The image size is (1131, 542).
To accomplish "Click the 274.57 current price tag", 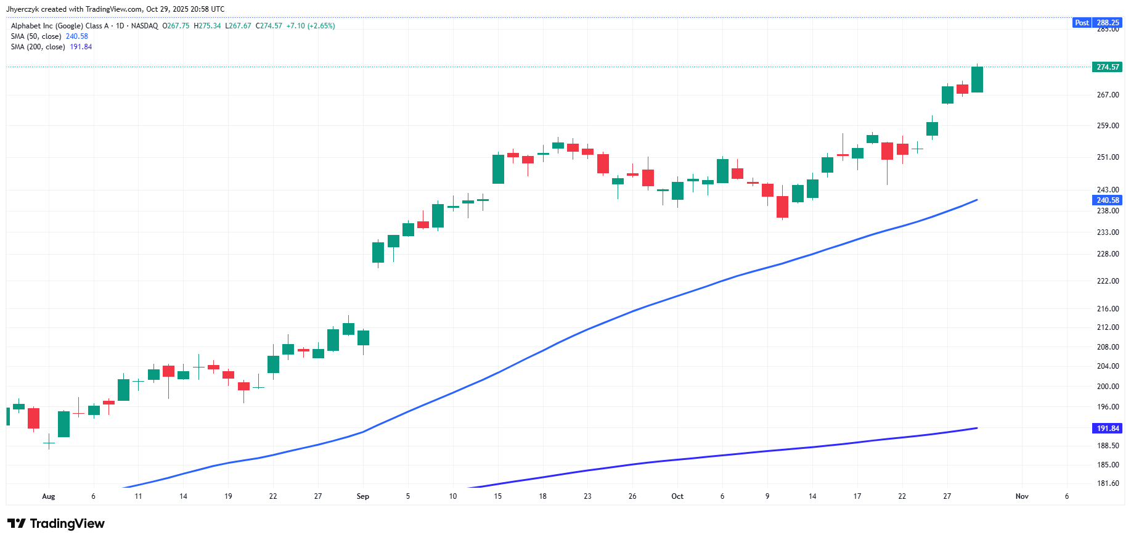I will pyautogui.click(x=1108, y=67).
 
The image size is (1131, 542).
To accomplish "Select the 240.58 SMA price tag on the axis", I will pyautogui.click(x=1108, y=200).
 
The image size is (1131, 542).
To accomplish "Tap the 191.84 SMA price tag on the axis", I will pyautogui.click(x=1108, y=429).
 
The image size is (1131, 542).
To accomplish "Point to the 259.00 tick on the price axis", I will pyautogui.click(x=1108, y=126).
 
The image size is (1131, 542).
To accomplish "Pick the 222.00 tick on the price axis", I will pyautogui.click(x=1108, y=281).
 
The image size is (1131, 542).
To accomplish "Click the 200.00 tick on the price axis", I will pyautogui.click(x=1108, y=387).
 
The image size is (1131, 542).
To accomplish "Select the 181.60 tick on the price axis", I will pyautogui.click(x=1108, y=483).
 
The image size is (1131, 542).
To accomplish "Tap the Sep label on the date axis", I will pyautogui.click(x=363, y=496).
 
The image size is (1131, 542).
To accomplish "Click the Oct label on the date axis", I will pyautogui.click(x=677, y=496).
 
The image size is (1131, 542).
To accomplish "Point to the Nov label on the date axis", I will pyautogui.click(x=1022, y=496).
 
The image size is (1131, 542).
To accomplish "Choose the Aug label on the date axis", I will pyautogui.click(x=49, y=496).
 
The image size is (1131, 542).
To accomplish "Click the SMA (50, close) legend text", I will pyautogui.click(x=36, y=36).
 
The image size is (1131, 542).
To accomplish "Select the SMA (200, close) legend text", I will pyautogui.click(x=38, y=47).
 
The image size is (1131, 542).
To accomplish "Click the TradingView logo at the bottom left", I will pyautogui.click(x=56, y=524).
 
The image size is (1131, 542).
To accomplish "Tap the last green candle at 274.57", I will pyautogui.click(x=977, y=80).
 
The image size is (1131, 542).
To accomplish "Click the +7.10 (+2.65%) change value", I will pyautogui.click(x=311, y=26).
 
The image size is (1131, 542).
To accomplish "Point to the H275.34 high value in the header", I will pyautogui.click(x=207, y=26).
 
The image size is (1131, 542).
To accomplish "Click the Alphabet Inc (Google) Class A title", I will pyautogui.click(x=60, y=26).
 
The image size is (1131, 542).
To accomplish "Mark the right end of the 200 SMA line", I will pyautogui.click(x=977, y=428).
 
